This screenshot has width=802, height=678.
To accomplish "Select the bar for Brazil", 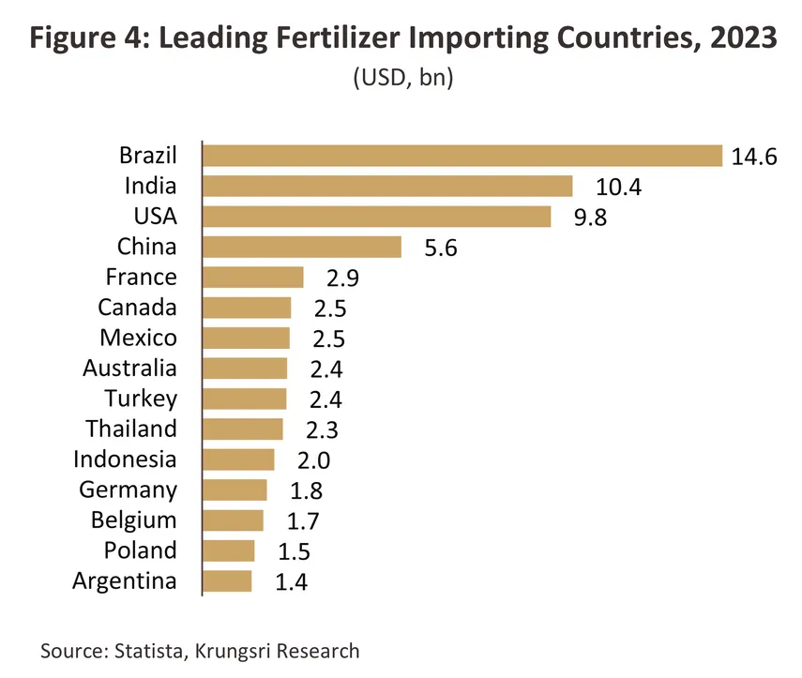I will [462, 156].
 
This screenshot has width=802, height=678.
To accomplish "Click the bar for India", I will [387, 187].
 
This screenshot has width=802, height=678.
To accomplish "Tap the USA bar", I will [377, 217].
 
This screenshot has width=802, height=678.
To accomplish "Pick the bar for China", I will [302, 247].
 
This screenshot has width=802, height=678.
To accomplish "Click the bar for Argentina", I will [228, 581].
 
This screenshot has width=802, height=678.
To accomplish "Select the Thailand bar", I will [243, 429].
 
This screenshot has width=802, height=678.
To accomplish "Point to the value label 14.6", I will [754, 157].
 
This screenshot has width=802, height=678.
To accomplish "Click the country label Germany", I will [128, 490].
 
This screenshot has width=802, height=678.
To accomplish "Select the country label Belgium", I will [133, 520].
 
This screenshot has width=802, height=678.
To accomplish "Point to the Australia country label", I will [129, 369].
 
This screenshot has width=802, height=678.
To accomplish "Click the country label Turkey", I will [141, 399].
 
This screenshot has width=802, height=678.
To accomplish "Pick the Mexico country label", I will [138, 338].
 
